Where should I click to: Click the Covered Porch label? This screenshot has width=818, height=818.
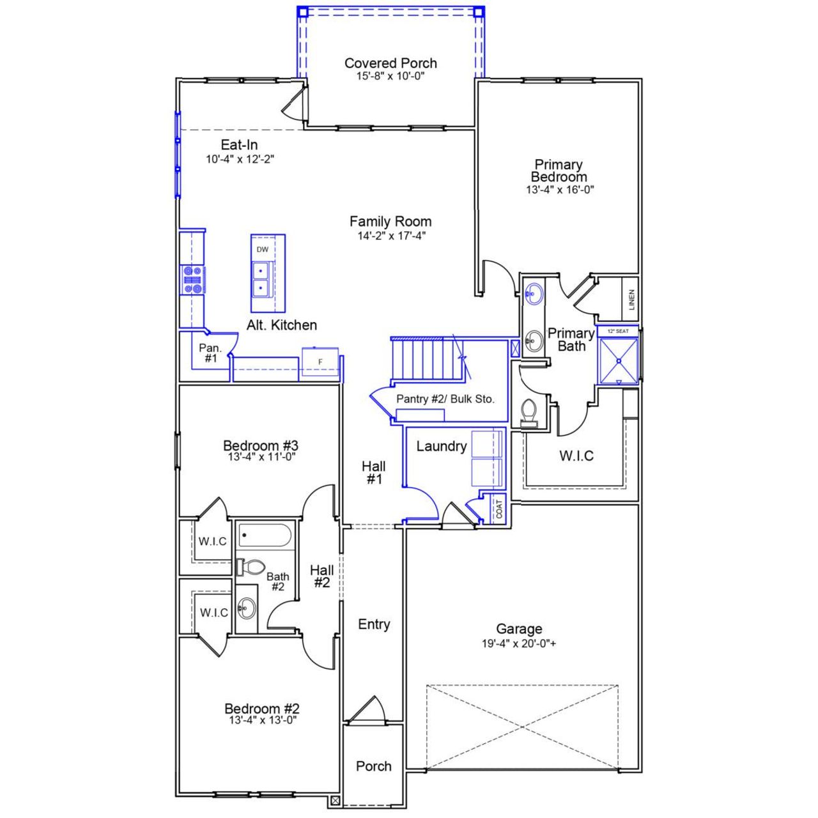pyautogui.click(x=390, y=63)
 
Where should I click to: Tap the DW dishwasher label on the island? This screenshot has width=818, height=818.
pyautogui.click(x=263, y=249)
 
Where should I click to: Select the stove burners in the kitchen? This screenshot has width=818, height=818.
pyautogui.click(x=193, y=280)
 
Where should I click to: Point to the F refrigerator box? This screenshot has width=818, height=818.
pyautogui.click(x=320, y=362)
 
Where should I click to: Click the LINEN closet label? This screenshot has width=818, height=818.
pyautogui.click(x=631, y=299)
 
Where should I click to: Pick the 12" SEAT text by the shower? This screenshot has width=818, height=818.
pyautogui.click(x=618, y=331)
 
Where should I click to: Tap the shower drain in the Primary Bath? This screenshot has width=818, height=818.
pyautogui.click(x=619, y=361)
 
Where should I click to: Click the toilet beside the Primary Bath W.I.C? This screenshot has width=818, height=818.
pyautogui.click(x=529, y=412)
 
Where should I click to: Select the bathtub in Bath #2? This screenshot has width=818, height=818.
pyautogui.click(x=266, y=534)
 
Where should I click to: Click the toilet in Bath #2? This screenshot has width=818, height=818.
pyautogui.click(x=252, y=567)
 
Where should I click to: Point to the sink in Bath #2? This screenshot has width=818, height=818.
pyautogui.click(x=247, y=608)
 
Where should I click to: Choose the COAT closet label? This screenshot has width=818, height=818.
pyautogui.click(x=499, y=509)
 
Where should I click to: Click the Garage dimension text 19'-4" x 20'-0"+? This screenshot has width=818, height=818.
pyautogui.click(x=519, y=644)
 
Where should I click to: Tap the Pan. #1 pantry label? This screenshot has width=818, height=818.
pyautogui.click(x=210, y=353)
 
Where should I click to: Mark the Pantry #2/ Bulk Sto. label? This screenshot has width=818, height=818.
pyautogui.click(x=445, y=399)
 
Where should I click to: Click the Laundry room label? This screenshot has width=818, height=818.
pyautogui.click(x=442, y=446)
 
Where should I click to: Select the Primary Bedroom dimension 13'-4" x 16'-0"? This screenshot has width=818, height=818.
pyautogui.click(x=560, y=190)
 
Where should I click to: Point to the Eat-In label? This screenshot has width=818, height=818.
pyautogui.click(x=239, y=145)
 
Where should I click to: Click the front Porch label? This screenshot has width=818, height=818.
pyautogui.click(x=374, y=766)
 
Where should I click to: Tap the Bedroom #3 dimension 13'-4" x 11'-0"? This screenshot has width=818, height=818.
pyautogui.click(x=261, y=457)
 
